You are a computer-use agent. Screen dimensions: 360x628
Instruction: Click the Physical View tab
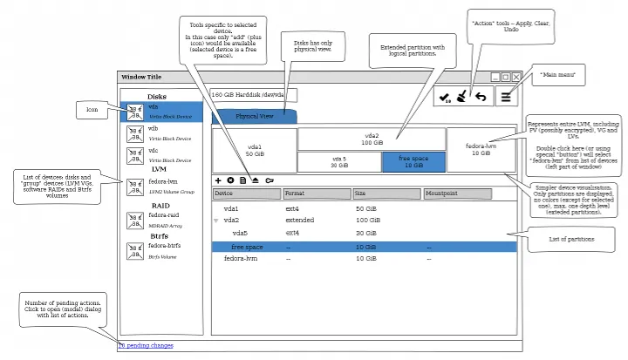(x=254, y=116)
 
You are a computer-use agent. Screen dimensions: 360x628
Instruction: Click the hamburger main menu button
(x=506, y=97)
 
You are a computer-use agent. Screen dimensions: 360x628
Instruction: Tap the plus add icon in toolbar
(x=218, y=180)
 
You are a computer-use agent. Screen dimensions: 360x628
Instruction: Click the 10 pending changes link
(x=145, y=346)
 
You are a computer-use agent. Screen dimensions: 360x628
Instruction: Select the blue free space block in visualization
(x=413, y=161)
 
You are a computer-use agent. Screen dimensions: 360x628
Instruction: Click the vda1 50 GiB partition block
(x=254, y=150)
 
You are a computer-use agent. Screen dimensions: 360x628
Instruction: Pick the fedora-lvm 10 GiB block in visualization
(x=481, y=149)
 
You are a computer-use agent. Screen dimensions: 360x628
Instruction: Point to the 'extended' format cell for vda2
(x=300, y=221)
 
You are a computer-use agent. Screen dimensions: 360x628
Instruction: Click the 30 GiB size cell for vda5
(x=365, y=234)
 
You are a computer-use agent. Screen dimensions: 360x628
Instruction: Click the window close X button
(x=515, y=78)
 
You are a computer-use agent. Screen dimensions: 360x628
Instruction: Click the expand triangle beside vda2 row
(x=216, y=221)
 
